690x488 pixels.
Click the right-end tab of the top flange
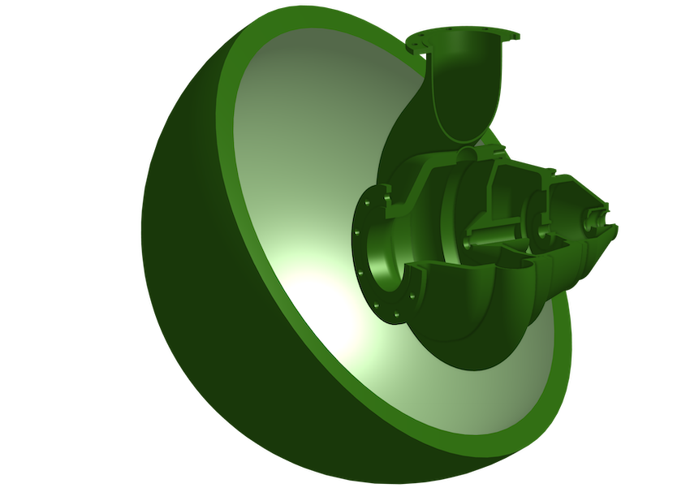[x=514, y=36]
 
